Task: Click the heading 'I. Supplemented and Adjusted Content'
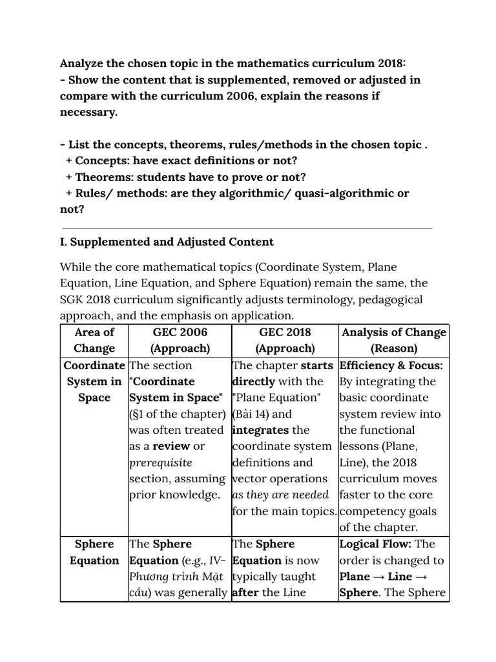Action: click(x=167, y=242)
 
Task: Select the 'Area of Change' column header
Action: click(x=94, y=340)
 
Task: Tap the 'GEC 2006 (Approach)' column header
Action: click(x=180, y=340)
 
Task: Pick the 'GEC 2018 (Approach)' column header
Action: click(x=284, y=340)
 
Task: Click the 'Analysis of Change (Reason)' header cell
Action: click(x=393, y=340)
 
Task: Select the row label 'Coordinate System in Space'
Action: click(x=94, y=381)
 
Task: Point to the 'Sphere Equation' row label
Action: click(x=94, y=552)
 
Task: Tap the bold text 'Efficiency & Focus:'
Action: click(x=391, y=365)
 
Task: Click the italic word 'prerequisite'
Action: click(x=161, y=463)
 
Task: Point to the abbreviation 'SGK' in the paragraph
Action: click(x=73, y=299)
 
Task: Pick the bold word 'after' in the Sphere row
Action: click(x=245, y=593)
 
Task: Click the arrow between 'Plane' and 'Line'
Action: click(x=379, y=577)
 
